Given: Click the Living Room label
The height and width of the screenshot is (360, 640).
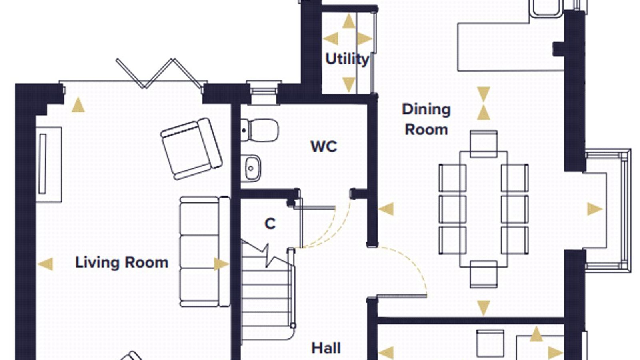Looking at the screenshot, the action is tap(122, 262).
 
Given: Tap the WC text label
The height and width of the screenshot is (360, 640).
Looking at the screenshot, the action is tap(324, 146).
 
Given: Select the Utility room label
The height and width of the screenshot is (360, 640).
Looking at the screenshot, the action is tap(347, 60).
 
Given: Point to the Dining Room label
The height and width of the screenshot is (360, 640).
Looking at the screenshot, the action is tap(426, 120).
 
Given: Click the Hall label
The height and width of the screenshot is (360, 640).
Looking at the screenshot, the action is tap(326, 348).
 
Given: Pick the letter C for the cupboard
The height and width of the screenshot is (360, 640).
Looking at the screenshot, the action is tap(270, 224).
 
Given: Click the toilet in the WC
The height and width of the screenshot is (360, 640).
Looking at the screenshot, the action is tap(260, 130).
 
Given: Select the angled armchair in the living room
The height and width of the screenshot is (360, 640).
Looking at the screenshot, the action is tap(192, 149).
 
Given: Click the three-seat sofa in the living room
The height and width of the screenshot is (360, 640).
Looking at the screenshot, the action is tap(205, 252).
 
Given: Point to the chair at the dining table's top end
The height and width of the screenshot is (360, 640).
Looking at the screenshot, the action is tap(484, 144).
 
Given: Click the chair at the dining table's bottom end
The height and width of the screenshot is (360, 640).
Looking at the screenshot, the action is tap(484, 274).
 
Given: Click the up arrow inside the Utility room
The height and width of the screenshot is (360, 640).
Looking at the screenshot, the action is tap(348, 21).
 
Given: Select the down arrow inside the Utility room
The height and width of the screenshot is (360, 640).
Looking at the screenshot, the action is tap(348, 85).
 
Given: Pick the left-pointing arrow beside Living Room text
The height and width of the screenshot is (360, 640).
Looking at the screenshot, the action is tap(46, 264).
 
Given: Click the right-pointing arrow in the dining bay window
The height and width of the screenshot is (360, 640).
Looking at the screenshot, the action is tap(595, 209).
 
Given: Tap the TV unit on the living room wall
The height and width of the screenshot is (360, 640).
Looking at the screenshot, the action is tap(49, 164).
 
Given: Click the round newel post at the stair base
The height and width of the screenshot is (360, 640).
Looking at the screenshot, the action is tap(293, 326).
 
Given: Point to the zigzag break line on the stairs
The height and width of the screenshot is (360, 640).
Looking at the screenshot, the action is tap(267, 255).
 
